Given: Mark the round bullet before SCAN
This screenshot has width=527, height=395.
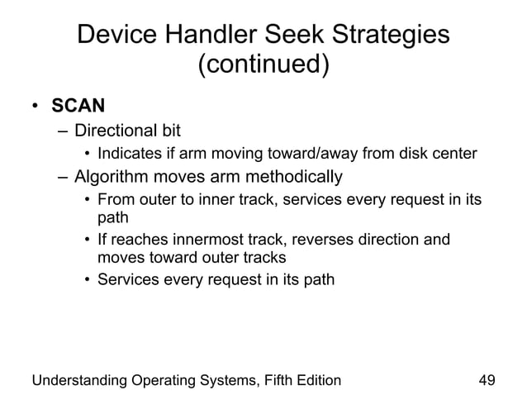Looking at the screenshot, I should coord(36,107).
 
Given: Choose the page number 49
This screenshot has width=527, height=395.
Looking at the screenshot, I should coord(487,380).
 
